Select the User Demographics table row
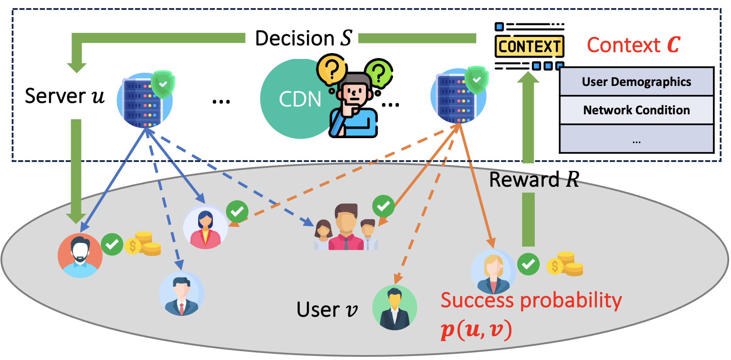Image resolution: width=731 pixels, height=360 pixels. point(636,82)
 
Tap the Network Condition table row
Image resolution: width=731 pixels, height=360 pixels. point(636,110)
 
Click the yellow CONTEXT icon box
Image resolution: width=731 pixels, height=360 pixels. point(529,46)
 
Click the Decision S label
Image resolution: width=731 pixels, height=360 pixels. point(303,38)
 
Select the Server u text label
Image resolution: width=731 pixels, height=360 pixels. point(64,96)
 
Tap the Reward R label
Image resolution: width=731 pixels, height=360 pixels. point(534,180)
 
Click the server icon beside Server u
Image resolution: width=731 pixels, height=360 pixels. point(144,100)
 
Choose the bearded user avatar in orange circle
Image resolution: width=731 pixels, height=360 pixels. point(80,255)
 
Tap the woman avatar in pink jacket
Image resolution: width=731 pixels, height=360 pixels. point(205,227)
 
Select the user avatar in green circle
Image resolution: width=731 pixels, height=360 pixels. point(395,308)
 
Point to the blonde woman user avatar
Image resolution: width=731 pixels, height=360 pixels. point(493,271)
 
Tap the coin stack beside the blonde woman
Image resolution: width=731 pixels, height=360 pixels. point(565,264)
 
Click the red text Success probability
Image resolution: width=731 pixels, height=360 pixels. point(531,301)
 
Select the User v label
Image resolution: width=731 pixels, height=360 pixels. point(327,310)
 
